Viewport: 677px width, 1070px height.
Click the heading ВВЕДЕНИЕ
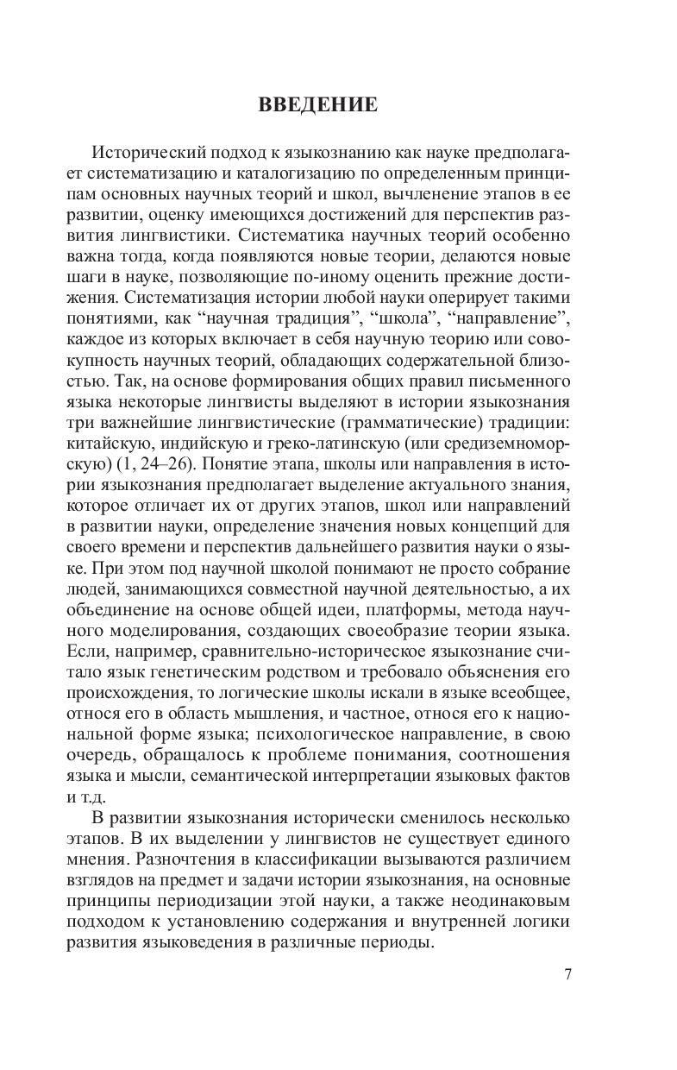coord(317,106)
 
